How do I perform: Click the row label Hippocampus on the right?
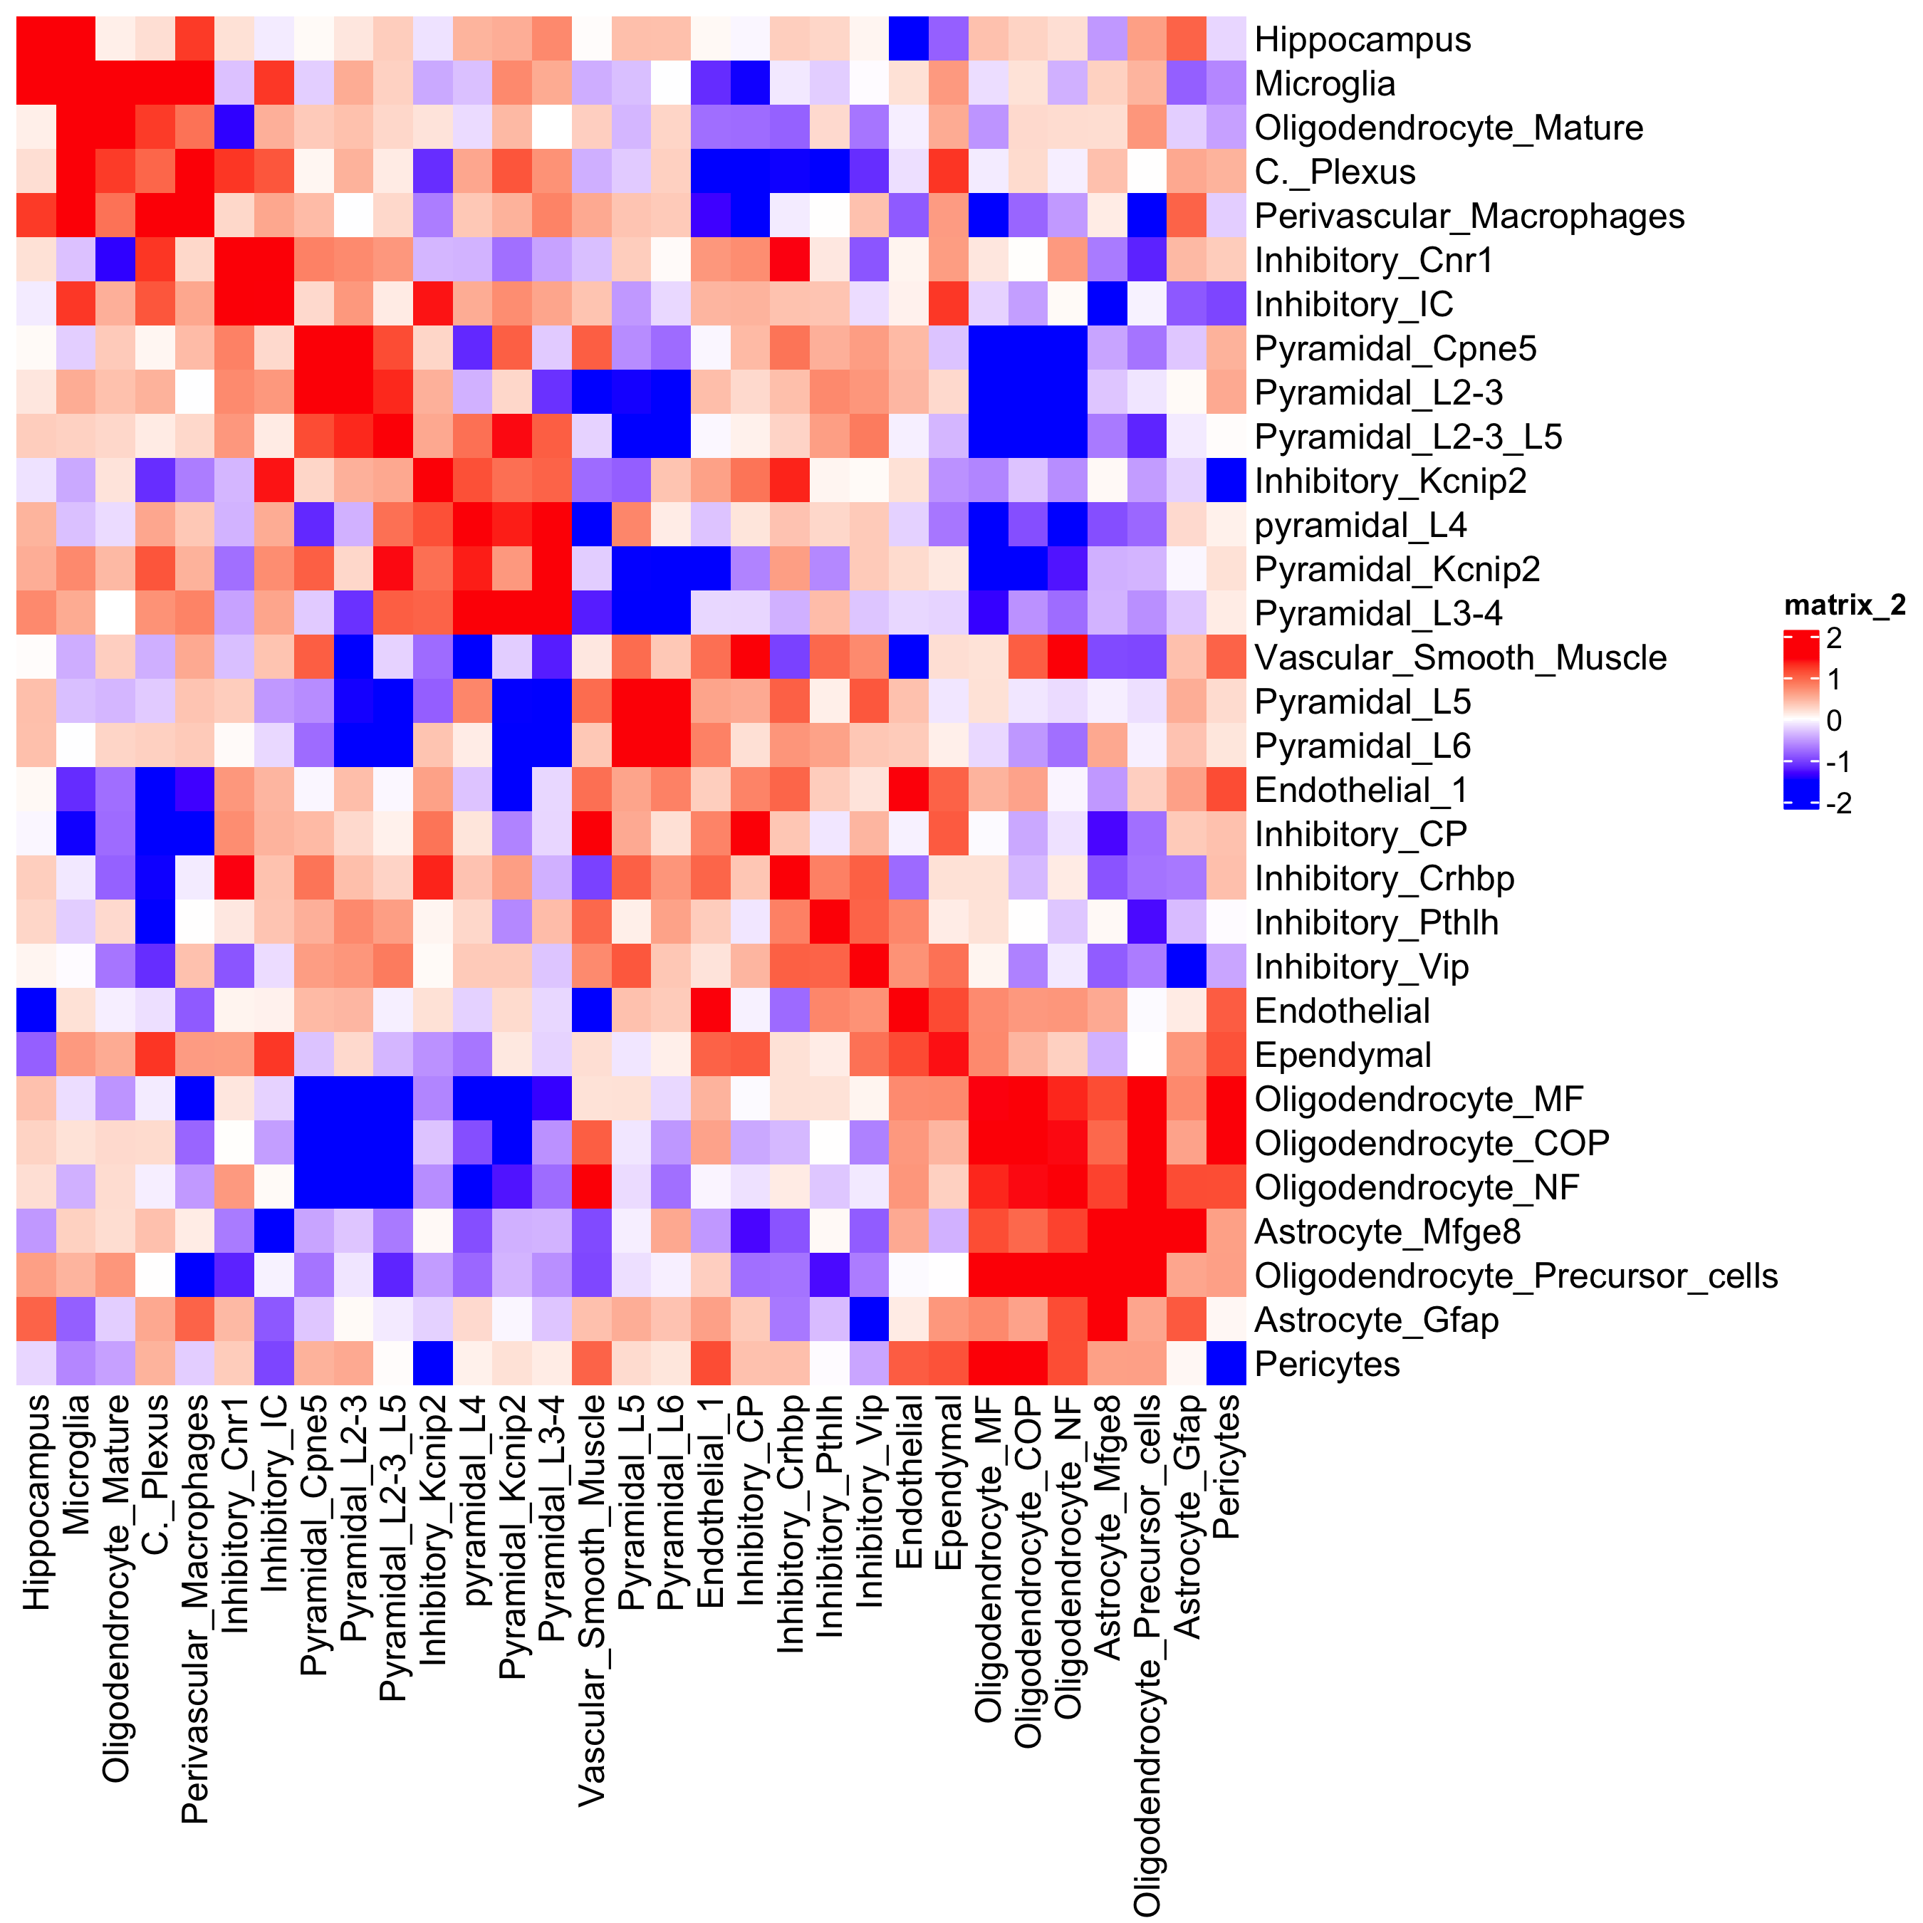pos(1362,40)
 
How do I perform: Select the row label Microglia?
pos(1324,83)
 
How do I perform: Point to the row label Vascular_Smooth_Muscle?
pos(1460,658)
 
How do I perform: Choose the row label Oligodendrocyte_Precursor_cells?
pos(1516,1276)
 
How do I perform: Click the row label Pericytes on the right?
pos(1327,1364)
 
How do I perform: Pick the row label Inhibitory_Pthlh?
pos(1375,922)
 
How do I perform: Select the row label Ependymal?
pos(1343,1055)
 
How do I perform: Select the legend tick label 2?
pos(1833,638)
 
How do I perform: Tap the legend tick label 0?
pos(1833,721)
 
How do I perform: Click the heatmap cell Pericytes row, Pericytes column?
pos(1226,1364)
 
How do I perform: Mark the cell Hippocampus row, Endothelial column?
pos(909,40)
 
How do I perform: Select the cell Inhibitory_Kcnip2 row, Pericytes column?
pos(1226,481)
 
